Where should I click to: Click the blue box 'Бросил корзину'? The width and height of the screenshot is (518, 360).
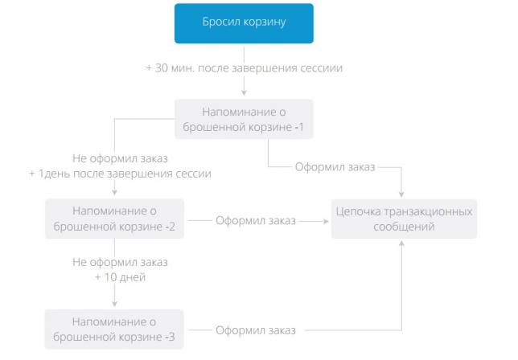(244, 23)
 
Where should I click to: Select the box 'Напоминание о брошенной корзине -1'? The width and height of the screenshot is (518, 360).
(244, 119)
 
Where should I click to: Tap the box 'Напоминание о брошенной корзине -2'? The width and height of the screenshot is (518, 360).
(114, 219)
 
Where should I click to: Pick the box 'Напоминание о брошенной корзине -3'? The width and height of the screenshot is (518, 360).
(114, 329)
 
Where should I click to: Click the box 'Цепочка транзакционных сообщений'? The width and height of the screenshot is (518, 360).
(404, 219)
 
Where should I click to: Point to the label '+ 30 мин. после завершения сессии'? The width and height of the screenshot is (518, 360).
(245, 68)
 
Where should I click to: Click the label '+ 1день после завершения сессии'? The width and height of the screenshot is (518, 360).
(121, 174)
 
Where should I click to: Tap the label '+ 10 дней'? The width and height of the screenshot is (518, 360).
(121, 277)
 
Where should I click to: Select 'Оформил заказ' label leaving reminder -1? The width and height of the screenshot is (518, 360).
(335, 167)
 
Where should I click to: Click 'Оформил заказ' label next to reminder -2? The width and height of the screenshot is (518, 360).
(256, 220)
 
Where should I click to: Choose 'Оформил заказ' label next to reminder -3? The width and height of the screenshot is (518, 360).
(256, 330)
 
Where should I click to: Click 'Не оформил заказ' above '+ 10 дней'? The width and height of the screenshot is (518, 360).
(121, 262)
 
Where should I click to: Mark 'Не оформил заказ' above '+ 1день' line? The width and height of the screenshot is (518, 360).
(121, 158)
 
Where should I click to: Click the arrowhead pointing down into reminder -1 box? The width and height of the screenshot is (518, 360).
(244, 92)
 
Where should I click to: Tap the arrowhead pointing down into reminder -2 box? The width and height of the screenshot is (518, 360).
(115, 192)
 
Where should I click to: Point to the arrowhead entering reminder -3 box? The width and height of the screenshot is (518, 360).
(115, 304)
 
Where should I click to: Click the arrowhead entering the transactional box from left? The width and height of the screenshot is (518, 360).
(326, 221)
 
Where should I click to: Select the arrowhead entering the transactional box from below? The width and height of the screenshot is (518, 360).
(401, 243)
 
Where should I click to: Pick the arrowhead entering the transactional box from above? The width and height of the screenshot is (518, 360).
(401, 194)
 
